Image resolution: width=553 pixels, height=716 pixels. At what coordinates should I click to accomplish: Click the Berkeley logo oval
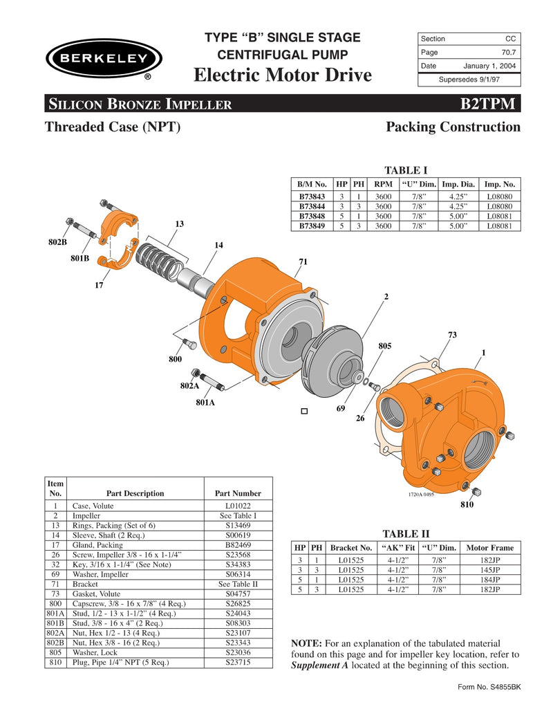[x=104, y=59]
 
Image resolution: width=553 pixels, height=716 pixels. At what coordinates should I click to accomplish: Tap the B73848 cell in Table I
[x=312, y=216]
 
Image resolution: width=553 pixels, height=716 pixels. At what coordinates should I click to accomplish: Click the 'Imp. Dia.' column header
[x=458, y=185]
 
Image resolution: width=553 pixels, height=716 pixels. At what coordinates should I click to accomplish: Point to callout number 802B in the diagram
[x=57, y=243]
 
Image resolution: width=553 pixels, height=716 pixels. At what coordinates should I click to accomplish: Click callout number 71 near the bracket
[x=303, y=261]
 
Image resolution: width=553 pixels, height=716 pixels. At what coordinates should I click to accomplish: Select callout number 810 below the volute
[x=467, y=505]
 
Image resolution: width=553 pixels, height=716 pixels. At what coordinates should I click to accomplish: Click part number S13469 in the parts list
[x=238, y=525]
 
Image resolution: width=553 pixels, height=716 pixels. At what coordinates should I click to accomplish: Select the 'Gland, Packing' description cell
[x=97, y=545]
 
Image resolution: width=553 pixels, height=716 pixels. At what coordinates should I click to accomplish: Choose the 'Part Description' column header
[x=135, y=493]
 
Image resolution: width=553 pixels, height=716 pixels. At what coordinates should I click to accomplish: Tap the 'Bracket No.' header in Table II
[x=352, y=547]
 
